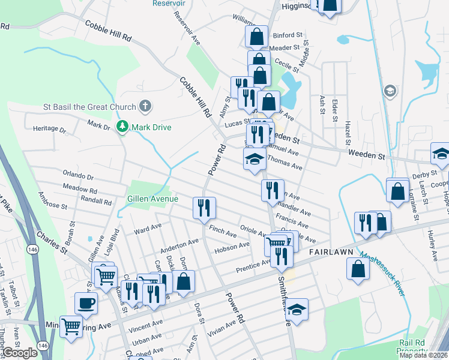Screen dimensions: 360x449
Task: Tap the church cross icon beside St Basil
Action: [144, 107]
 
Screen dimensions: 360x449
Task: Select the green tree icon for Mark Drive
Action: [122, 127]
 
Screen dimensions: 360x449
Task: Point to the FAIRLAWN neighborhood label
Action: [330, 253]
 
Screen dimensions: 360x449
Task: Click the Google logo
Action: [20, 353]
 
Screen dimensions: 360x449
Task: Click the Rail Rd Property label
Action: [415, 346]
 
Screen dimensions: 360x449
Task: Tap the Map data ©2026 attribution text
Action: [423, 355]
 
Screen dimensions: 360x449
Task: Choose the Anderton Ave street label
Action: [179, 245]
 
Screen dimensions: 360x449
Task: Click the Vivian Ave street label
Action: [222, 327]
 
